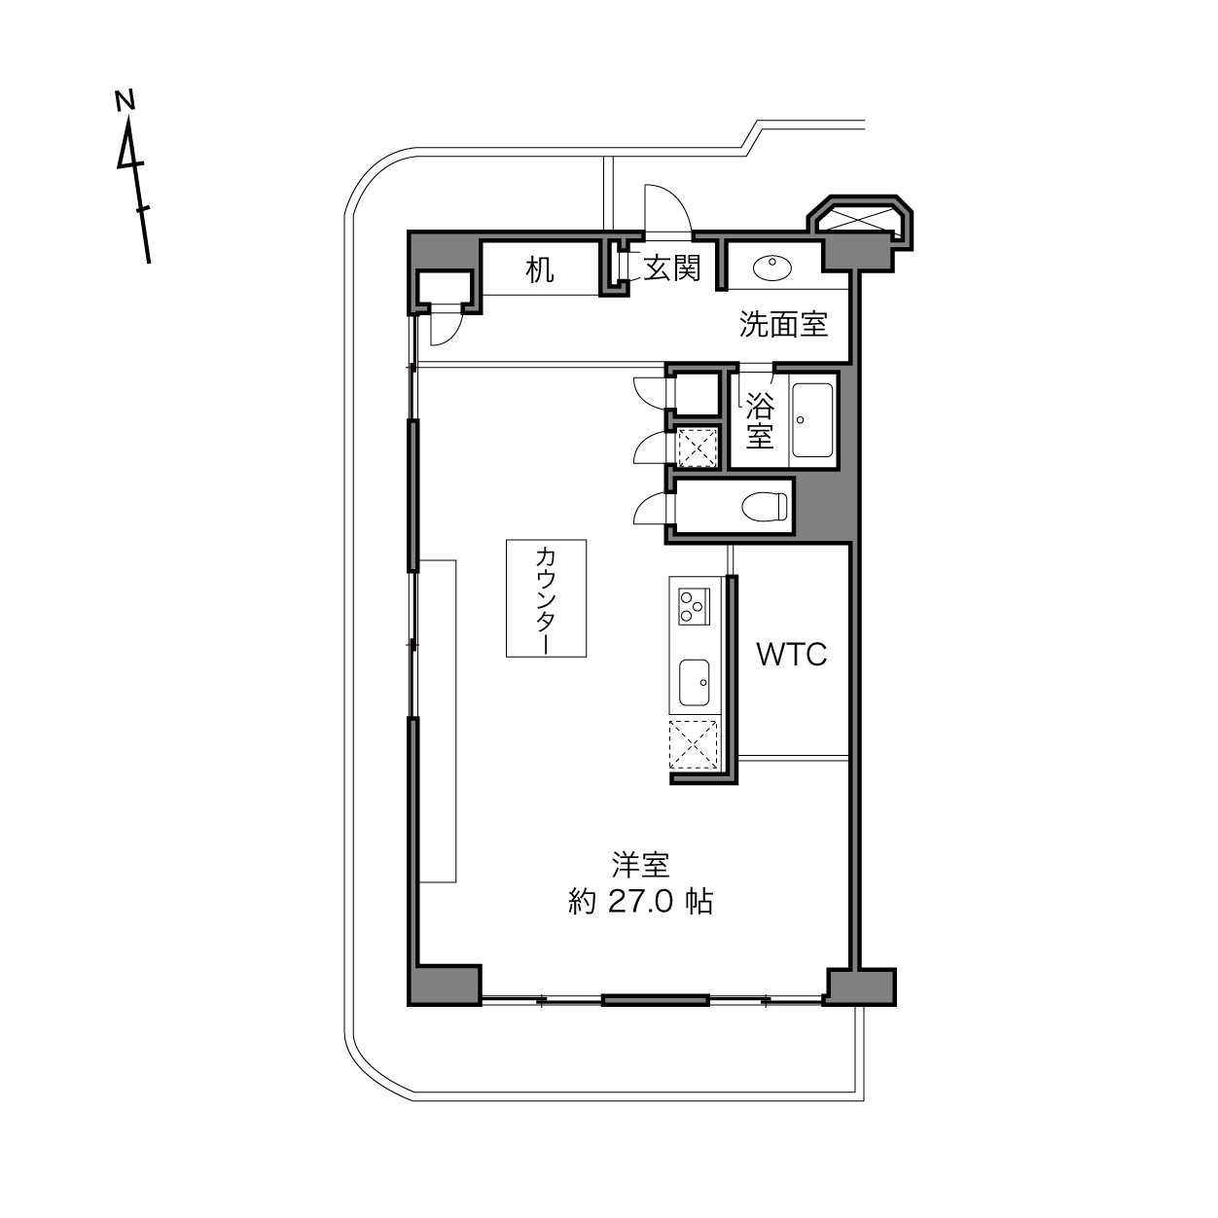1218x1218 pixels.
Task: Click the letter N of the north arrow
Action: [125, 100]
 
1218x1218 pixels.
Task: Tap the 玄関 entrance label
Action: [672, 268]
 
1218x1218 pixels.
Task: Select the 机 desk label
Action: [540, 269]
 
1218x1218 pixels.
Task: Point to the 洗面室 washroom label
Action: [784, 324]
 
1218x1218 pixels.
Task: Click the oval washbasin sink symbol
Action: [772, 268]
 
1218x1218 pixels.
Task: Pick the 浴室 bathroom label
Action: [760, 421]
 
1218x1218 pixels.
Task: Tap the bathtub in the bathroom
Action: [813, 420]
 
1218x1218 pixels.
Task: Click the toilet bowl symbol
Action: [765, 506]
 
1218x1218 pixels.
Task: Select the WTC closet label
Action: [792, 655]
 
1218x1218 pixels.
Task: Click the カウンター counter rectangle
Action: [546, 598]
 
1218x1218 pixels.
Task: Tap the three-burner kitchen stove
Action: [694, 606]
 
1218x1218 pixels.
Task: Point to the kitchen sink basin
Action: [694, 683]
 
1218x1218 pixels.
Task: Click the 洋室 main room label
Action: [640, 865]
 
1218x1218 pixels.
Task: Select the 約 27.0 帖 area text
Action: [641, 902]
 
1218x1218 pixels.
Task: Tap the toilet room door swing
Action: [649, 509]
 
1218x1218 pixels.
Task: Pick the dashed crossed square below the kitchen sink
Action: [695, 744]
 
